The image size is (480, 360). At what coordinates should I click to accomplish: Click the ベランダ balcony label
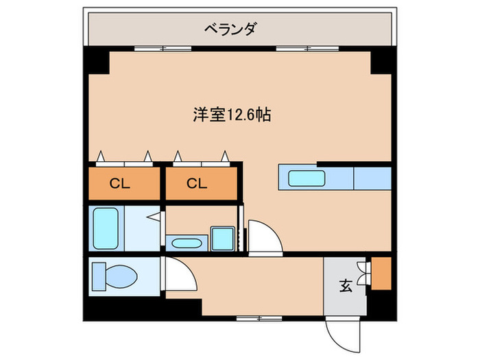pyautogui.click(x=231, y=29)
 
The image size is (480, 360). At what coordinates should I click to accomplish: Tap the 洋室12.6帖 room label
pyautogui.click(x=231, y=115)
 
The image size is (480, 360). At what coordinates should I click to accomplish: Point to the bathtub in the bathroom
pyautogui.click(x=106, y=229)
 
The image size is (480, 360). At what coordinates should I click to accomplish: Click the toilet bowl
pyautogui.click(x=117, y=276)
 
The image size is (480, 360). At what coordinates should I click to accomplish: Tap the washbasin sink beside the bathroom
pyautogui.click(x=185, y=243)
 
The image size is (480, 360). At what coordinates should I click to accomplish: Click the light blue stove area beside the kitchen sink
pyautogui.click(x=372, y=178)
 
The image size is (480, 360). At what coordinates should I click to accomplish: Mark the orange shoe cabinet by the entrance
pyautogui.click(x=380, y=273)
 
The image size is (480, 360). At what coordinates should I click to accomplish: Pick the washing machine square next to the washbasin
pyautogui.click(x=221, y=239)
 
